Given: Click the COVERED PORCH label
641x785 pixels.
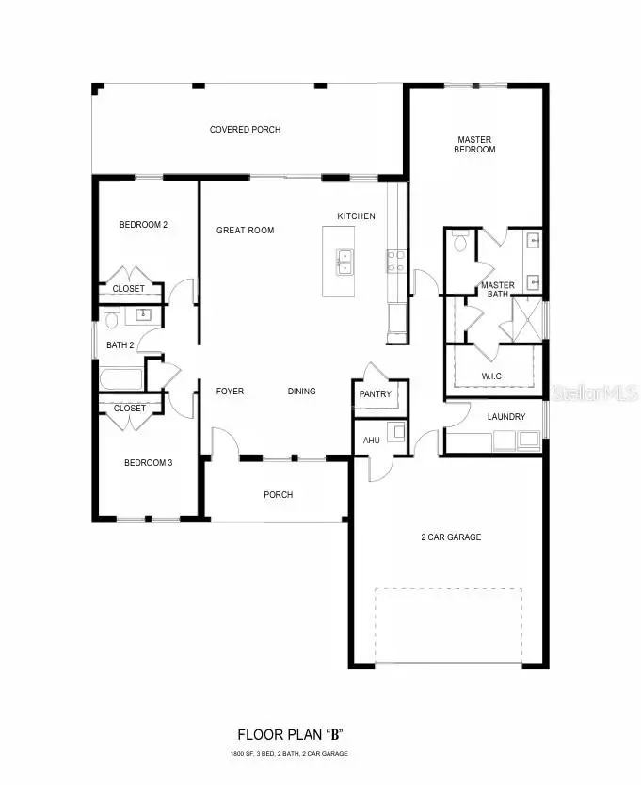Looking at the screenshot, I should pos(245,130).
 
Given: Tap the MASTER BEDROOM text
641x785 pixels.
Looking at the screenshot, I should pos(475,144).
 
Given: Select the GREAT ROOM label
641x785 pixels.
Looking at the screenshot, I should pos(245,231).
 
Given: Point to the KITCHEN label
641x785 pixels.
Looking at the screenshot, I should pos(356,216).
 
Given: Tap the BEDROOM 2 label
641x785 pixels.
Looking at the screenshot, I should pos(143,225).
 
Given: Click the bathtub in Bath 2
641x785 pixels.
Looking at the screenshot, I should pos(120,379).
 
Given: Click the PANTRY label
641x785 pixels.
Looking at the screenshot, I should pos(375,394).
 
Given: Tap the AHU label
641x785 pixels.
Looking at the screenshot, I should pos(371,440).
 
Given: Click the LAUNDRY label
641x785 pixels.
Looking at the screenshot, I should pos(505,417).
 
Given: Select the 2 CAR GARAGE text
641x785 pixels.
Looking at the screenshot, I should pos(450,537).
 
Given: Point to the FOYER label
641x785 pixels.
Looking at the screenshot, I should pos(230,392).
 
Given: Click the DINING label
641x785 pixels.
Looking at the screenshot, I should pos(301,392).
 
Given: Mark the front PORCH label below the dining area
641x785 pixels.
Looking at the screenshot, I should pos(278,495).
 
